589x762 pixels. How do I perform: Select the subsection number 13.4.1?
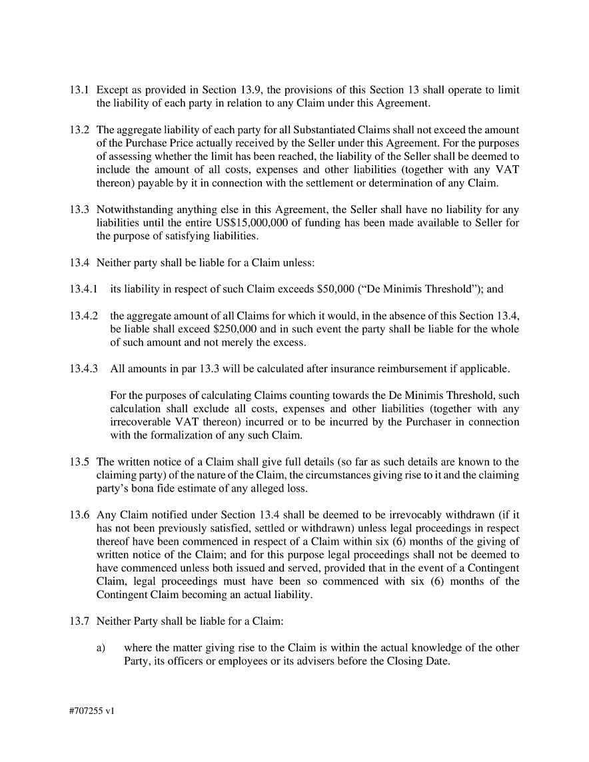(83, 289)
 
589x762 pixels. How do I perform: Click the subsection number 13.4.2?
(83, 316)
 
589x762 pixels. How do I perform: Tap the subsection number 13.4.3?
(83, 368)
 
